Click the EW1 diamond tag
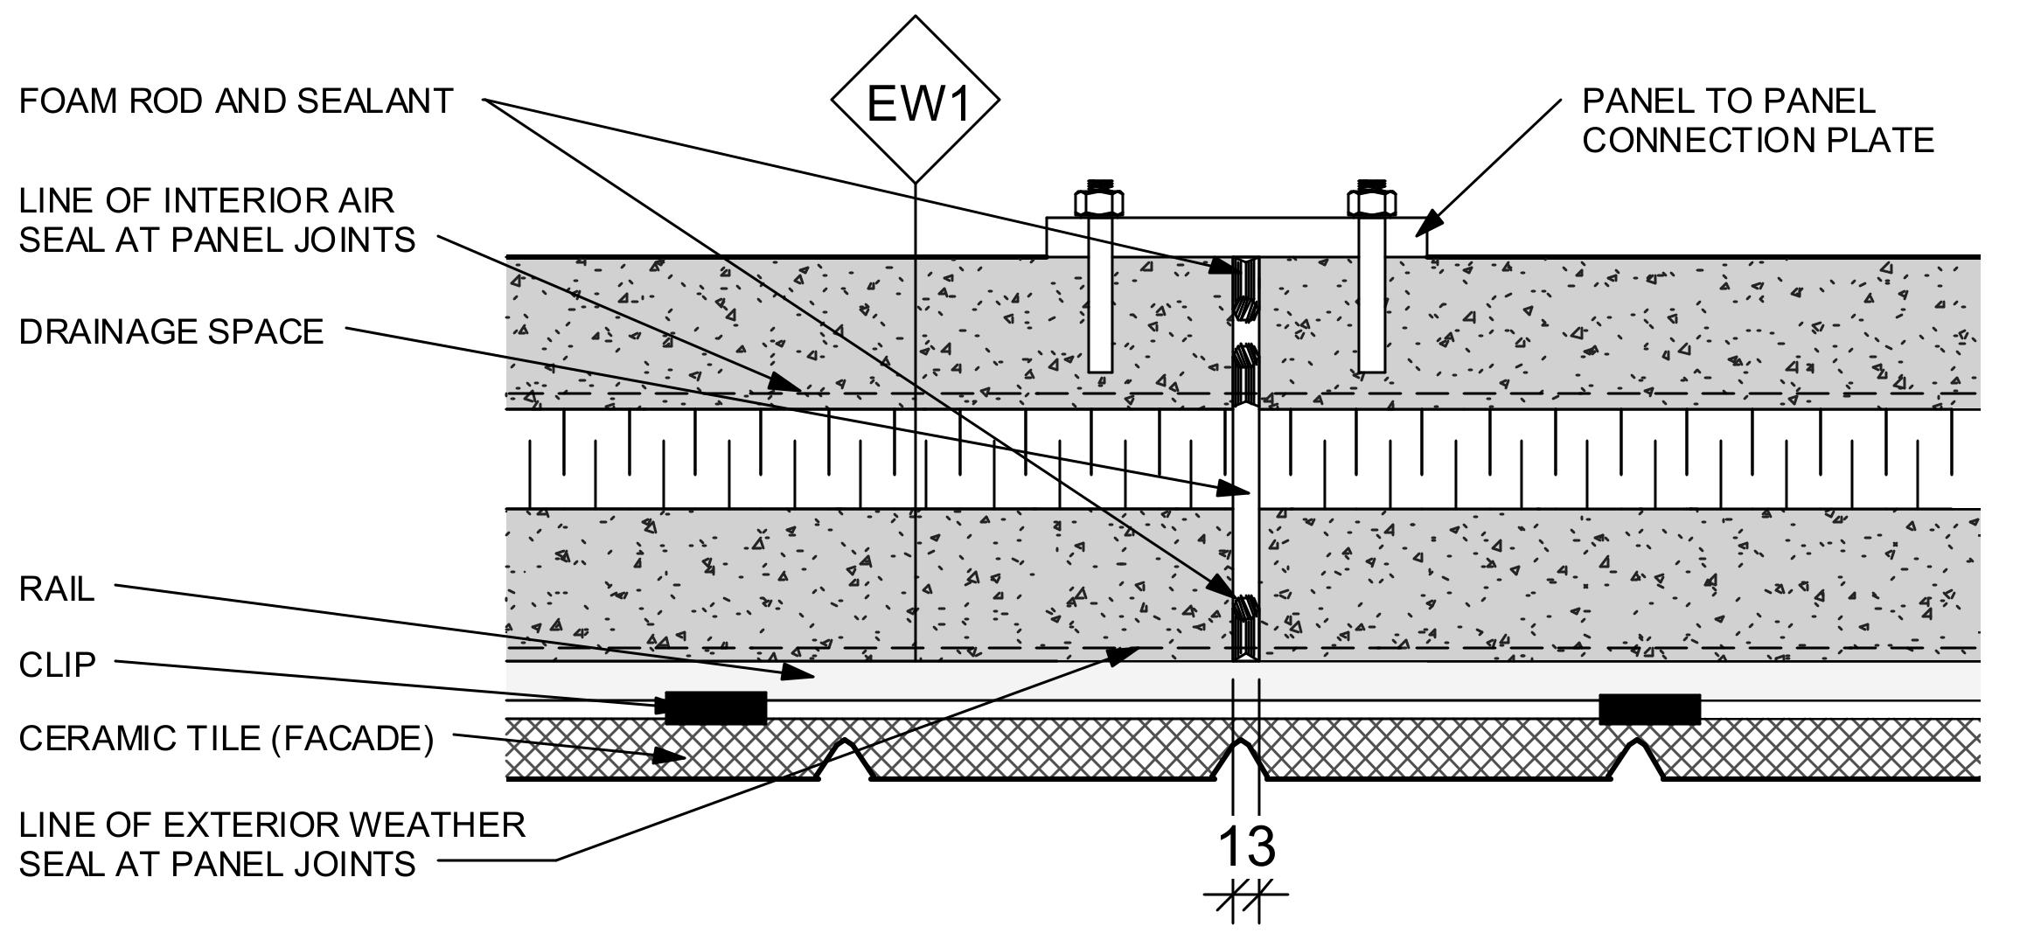pos(915,101)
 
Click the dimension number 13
pos(1246,846)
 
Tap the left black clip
pos(715,707)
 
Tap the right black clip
pos(1649,708)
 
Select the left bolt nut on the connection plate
pos(1100,203)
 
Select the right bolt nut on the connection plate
pos(1371,203)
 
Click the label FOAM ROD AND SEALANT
pos(236,101)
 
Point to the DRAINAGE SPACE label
pos(171,332)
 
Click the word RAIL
pos(57,589)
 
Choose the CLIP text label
pos(57,665)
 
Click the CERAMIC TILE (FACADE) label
pos(226,739)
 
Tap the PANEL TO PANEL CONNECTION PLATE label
pos(1758,121)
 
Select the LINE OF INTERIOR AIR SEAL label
pos(217,220)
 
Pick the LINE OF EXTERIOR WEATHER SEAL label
pos(272,844)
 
